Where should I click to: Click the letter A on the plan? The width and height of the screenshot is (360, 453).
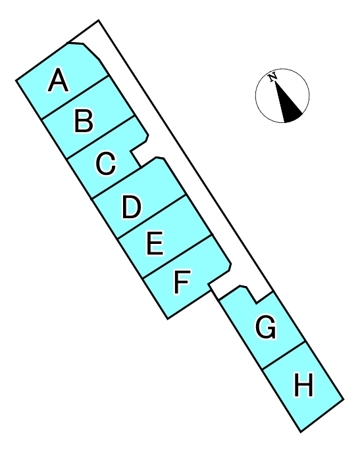coord(59,80)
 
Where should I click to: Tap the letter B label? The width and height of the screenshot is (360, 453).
coord(84,120)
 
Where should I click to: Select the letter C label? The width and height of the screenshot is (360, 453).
coord(106,163)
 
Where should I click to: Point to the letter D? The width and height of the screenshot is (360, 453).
coord(132,207)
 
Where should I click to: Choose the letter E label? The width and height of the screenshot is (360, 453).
coord(155,243)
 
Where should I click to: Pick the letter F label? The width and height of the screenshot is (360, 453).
coord(182,281)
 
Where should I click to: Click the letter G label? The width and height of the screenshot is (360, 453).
coord(266,327)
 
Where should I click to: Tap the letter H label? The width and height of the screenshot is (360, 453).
coord(303,385)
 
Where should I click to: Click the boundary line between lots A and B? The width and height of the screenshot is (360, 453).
coord(75,97)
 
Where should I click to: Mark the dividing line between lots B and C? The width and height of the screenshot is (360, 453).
coord(101,137)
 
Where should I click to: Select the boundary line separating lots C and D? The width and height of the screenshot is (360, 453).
coord(116,183)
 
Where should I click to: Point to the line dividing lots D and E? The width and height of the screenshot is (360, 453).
coord(151,217)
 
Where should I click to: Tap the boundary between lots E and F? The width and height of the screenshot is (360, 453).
coord(177,256)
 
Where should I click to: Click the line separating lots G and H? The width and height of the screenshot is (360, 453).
coord(284,355)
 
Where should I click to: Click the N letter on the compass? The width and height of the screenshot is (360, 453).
coord(272,78)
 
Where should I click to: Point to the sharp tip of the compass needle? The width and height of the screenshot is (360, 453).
coord(274,82)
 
